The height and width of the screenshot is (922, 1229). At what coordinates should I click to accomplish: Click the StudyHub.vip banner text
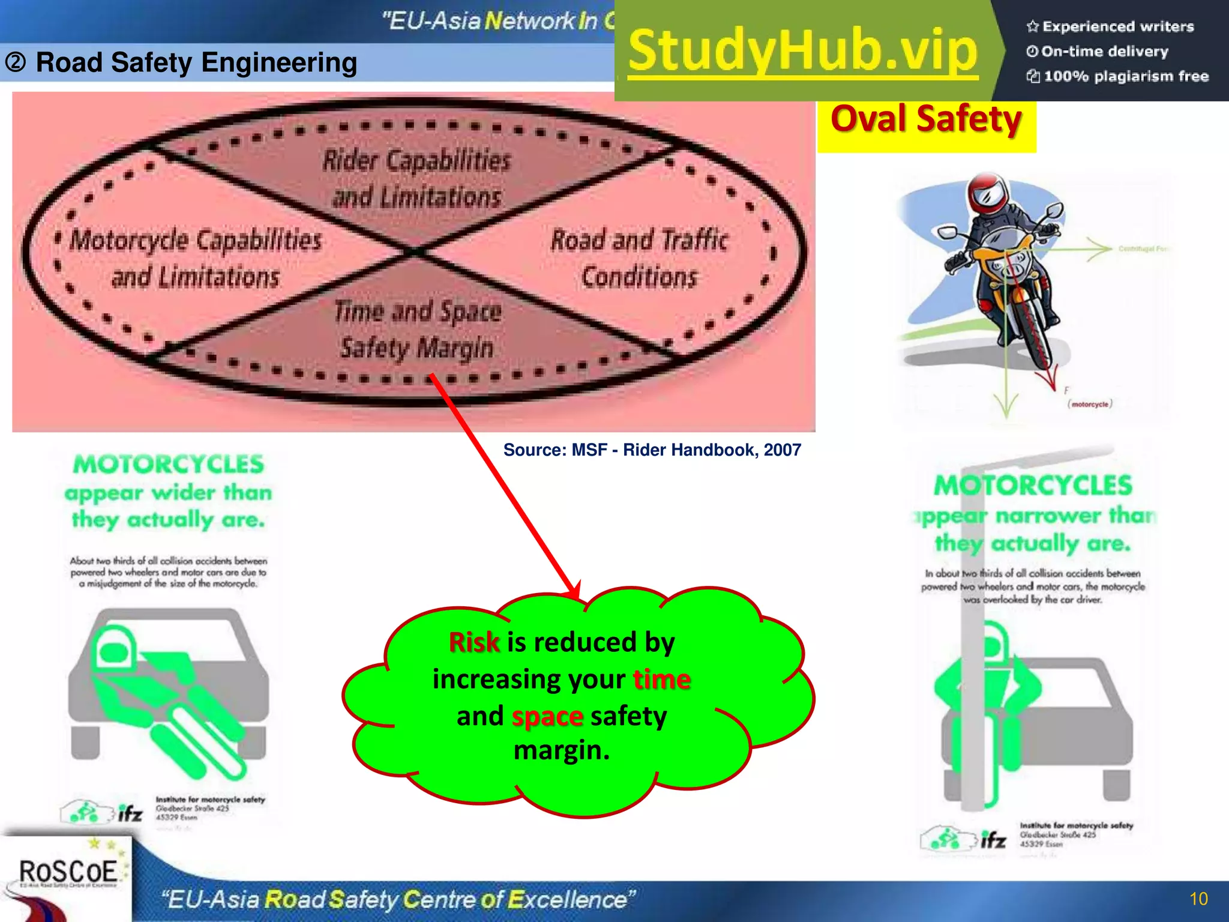click(803, 52)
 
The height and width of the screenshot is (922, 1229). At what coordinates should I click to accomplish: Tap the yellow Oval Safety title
click(926, 119)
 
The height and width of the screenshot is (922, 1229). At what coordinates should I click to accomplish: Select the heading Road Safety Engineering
click(196, 62)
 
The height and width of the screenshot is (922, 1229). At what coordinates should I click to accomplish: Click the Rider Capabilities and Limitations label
click(417, 178)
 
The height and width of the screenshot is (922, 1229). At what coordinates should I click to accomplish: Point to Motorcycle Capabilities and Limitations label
click(196, 259)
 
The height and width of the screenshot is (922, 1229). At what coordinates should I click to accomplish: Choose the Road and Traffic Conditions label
click(640, 258)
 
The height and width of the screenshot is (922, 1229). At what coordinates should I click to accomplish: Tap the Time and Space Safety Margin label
click(418, 330)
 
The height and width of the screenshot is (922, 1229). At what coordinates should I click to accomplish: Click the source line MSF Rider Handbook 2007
click(652, 450)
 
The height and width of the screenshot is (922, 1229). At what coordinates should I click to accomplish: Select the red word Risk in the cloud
click(474, 642)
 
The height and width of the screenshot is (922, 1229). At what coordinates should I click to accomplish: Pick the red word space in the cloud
click(547, 716)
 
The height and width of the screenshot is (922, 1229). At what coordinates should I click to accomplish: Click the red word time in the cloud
click(662, 679)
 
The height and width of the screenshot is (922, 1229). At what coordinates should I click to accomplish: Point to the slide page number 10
click(1198, 899)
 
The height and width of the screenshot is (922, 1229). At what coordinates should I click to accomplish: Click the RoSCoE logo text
click(68, 872)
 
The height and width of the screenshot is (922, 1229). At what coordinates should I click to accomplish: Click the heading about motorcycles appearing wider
click(169, 492)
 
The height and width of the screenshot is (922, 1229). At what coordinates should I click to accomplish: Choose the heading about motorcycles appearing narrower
click(1033, 514)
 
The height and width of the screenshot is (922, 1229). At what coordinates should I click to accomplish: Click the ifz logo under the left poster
click(130, 813)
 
